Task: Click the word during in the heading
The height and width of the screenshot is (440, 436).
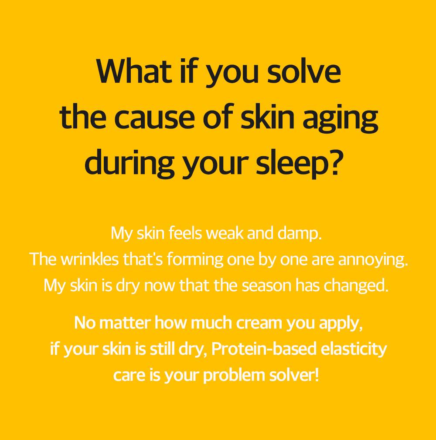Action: [130, 165]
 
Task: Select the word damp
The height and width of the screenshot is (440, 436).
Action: [300, 233]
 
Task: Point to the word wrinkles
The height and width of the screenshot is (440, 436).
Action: [89, 259]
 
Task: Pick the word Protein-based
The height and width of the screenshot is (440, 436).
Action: [264, 348]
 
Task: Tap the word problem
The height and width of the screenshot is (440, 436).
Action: [234, 376]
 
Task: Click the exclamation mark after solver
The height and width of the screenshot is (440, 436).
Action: [317, 375]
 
